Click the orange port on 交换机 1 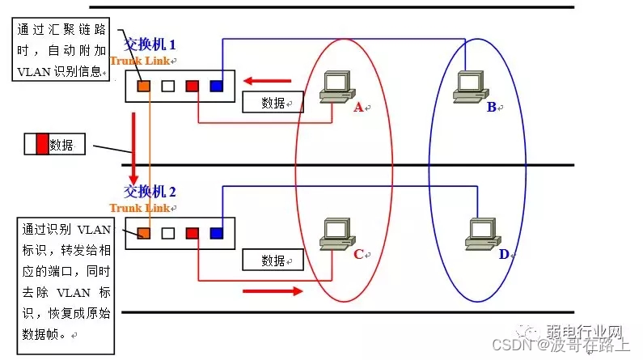point(143,85)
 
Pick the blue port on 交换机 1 point(216,85)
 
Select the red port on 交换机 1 point(192,85)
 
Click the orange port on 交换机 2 point(143,233)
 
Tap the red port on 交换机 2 point(192,233)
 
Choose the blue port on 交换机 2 point(216,233)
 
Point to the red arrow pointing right point(273,290)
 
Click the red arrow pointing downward point(132,146)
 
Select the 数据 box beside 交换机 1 point(273,102)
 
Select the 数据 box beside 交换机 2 point(273,260)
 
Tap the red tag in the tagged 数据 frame point(42,145)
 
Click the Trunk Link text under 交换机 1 point(140,61)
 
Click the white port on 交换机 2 point(167,233)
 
